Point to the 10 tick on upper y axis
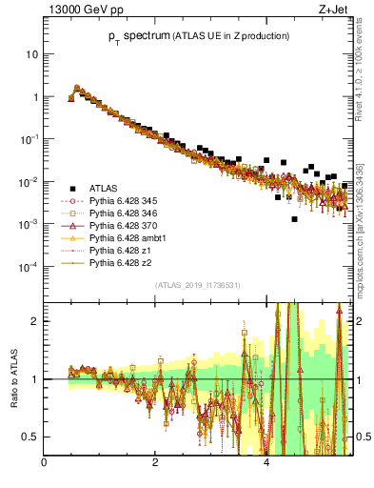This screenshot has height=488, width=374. click(31, 54)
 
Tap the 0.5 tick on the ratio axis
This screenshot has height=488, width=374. click(30, 437)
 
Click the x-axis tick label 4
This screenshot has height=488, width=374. click(266, 464)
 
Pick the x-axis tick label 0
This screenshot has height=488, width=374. click(45, 464)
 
